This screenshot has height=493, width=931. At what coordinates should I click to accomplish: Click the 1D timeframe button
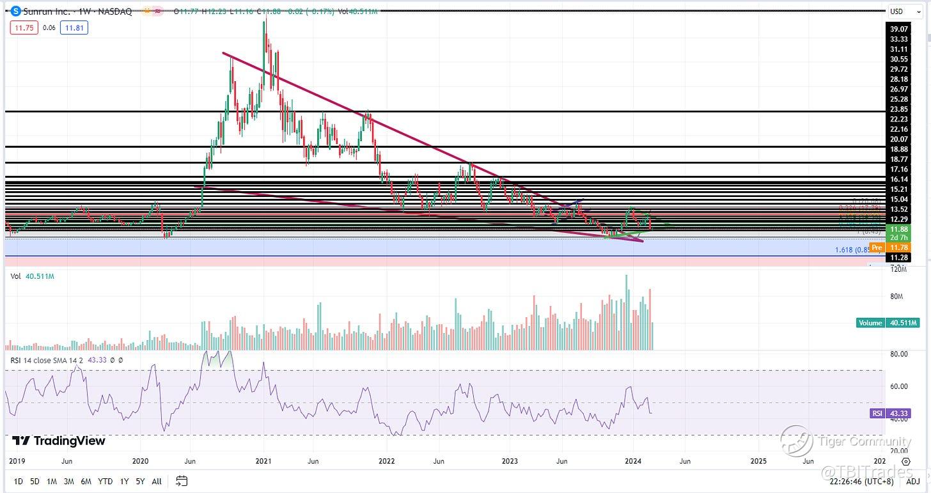click(17, 481)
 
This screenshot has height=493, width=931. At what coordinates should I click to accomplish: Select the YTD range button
click(106, 481)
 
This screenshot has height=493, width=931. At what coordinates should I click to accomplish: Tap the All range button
click(157, 481)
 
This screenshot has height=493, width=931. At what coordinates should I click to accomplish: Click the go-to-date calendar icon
click(182, 481)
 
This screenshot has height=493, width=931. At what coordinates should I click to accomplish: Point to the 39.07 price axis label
click(899, 29)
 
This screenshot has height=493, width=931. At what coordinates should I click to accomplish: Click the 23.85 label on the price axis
click(899, 109)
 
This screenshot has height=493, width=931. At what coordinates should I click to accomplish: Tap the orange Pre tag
click(877, 247)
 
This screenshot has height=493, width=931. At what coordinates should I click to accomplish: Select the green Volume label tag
click(870, 323)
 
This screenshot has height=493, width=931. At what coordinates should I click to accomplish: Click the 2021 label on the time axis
click(263, 460)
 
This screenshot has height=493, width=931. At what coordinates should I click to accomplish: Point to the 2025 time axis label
click(758, 460)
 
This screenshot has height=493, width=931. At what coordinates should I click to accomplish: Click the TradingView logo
click(59, 441)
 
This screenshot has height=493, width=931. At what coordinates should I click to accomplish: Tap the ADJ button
click(912, 481)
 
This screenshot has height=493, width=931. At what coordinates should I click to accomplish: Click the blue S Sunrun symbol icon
click(16, 11)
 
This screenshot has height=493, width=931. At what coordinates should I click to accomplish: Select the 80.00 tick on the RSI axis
click(899, 354)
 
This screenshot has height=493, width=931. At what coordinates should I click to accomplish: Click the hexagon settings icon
click(905, 461)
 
